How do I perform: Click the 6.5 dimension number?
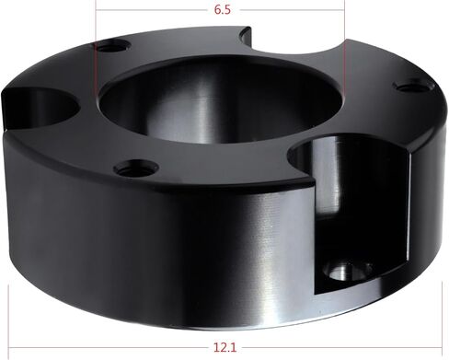click(x=223, y=10)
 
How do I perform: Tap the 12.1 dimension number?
click(x=225, y=348)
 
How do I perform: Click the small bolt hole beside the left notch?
click(x=111, y=47)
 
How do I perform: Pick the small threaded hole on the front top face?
click(x=136, y=168)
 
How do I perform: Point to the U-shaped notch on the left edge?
click(x=40, y=108)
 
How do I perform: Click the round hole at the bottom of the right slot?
click(x=348, y=270)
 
